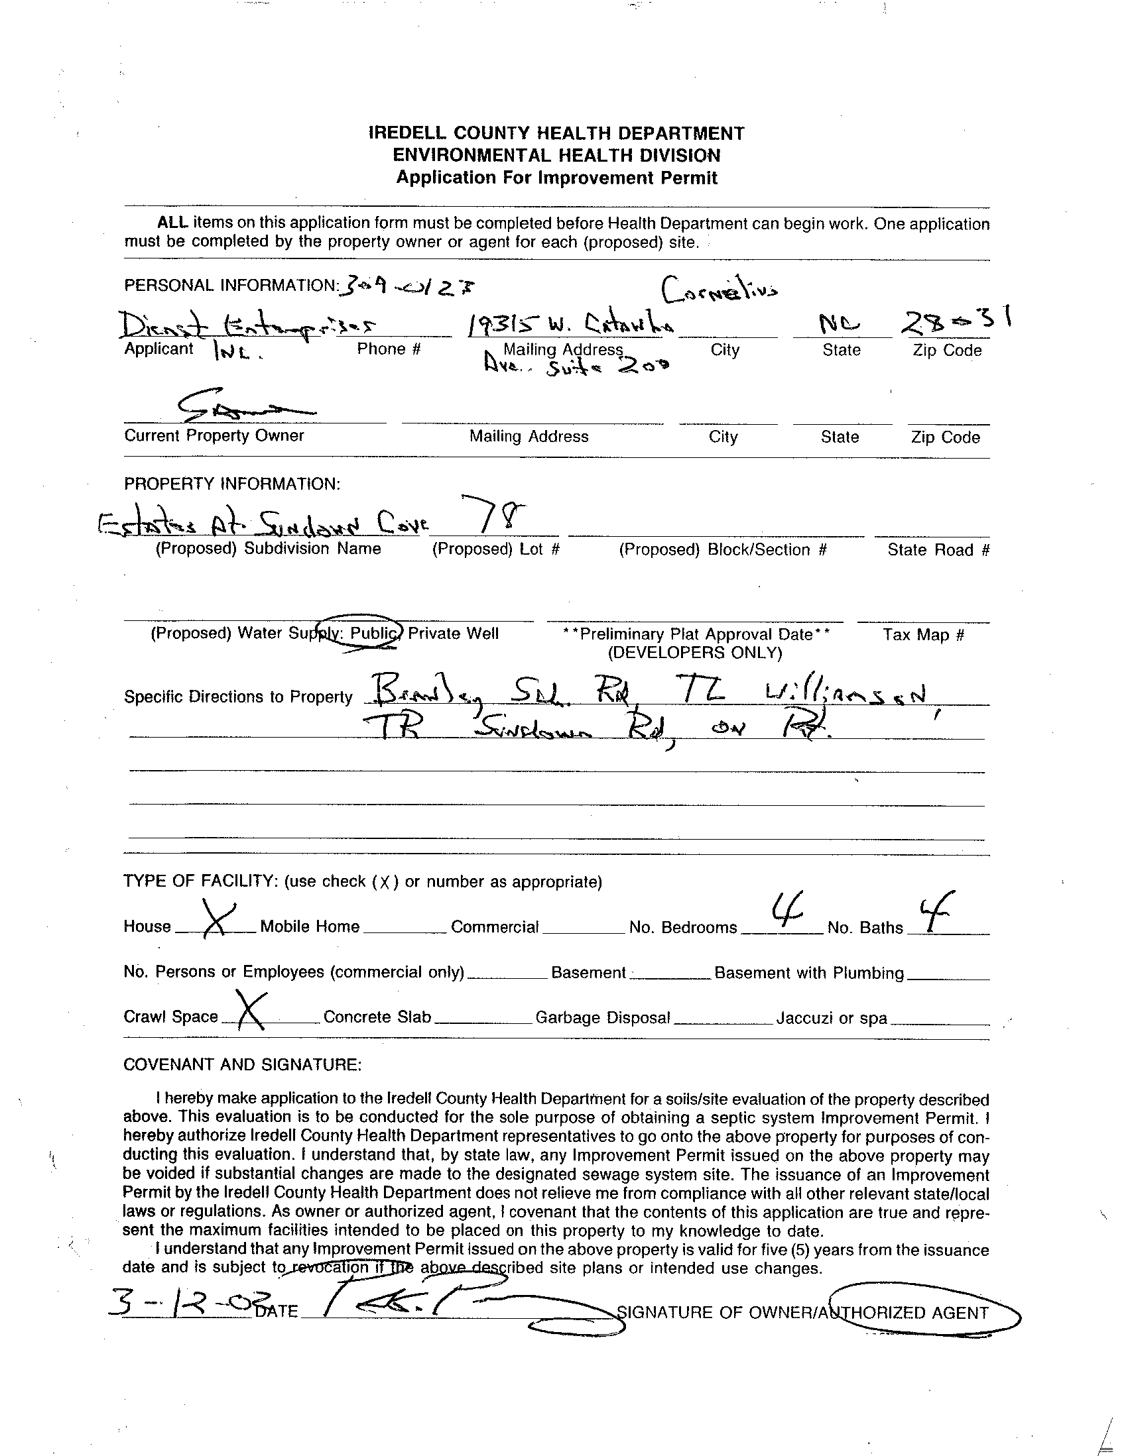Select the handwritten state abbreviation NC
840,325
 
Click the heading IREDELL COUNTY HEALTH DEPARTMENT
556,133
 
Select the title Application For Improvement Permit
556,178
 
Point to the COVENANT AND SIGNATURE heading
242,1065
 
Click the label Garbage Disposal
602,1018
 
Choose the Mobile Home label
310,926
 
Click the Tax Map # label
923,635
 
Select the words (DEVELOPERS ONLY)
694,652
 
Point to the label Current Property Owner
214,435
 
